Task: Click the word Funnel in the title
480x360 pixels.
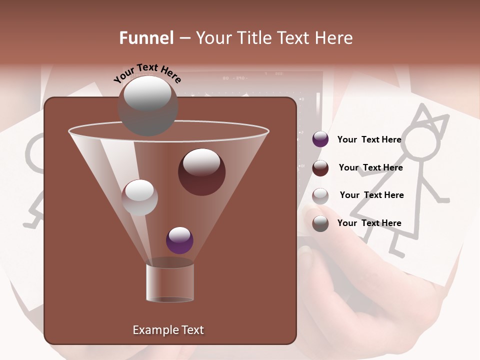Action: (x=146, y=38)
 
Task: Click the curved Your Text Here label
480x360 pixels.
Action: (x=147, y=73)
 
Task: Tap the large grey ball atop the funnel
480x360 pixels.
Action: (x=147, y=105)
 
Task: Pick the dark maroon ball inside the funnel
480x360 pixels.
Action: (x=201, y=172)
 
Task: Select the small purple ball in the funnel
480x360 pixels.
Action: (x=179, y=240)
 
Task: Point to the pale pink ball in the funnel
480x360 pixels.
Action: (x=139, y=197)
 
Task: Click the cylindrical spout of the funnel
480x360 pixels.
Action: (x=170, y=282)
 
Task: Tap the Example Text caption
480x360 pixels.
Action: (x=168, y=330)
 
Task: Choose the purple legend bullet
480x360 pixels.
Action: (x=320, y=139)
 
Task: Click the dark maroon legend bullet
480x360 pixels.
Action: (x=320, y=168)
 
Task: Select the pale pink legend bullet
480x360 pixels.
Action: (x=320, y=196)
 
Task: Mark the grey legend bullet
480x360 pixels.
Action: (x=320, y=223)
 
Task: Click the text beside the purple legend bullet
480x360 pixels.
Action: (x=369, y=139)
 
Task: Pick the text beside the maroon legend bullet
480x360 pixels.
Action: (x=370, y=167)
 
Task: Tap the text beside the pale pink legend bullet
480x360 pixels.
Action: (x=371, y=195)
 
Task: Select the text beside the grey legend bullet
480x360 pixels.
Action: (x=369, y=223)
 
